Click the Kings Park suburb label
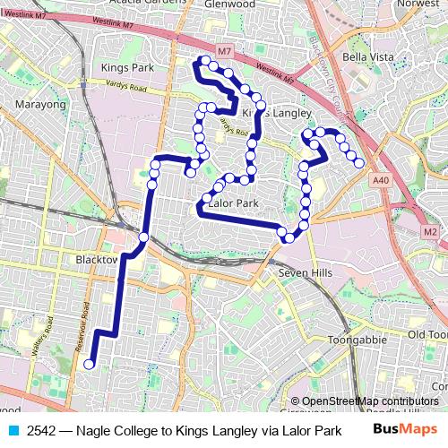point(128,68)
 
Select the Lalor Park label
point(232,204)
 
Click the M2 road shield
point(430,233)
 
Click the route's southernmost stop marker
point(89,365)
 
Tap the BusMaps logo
point(400,429)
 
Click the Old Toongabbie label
point(426,334)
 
